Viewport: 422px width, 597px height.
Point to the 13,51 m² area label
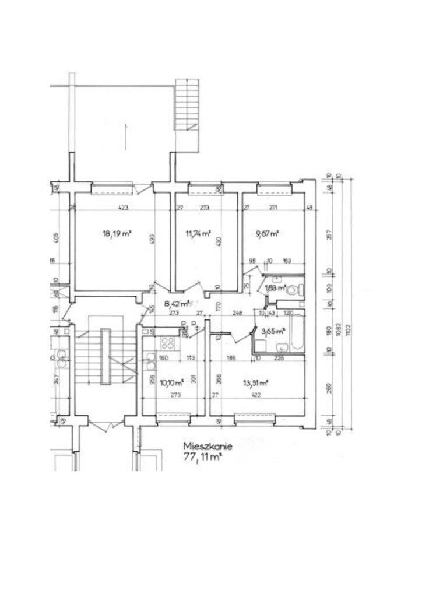(x=255, y=383)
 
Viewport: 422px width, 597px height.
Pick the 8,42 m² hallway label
(x=177, y=303)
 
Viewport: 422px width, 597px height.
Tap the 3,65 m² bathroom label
(x=273, y=331)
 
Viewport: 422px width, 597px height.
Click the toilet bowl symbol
(x=299, y=289)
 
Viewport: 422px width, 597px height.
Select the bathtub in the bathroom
(x=297, y=333)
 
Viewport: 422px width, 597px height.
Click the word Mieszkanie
(x=208, y=447)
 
